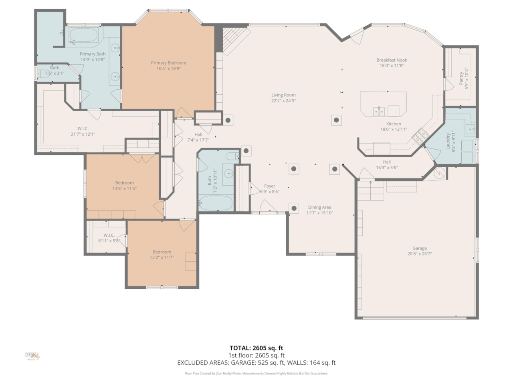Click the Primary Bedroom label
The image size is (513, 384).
pos(168,63)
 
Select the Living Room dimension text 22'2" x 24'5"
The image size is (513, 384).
pos(283,101)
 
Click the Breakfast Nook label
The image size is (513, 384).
pos(392,60)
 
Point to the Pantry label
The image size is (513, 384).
pos(461,78)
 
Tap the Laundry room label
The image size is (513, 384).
pos(448,141)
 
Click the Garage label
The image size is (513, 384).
pos(420,248)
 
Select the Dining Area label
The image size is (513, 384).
pos(319,207)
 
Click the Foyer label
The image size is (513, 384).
pos(270,186)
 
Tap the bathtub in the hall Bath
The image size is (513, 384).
pos(216,203)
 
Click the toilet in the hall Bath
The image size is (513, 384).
pos(232,156)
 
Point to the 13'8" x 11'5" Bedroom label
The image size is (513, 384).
pos(125,183)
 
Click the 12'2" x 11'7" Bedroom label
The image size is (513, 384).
pos(162,252)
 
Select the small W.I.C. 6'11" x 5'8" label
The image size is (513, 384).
pos(109,235)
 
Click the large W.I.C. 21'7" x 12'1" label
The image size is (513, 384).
pos(83,128)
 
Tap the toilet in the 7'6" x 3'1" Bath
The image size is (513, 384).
pos(41,73)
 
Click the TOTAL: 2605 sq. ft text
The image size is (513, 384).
pos(256,348)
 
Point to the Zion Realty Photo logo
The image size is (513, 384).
pos(32,356)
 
